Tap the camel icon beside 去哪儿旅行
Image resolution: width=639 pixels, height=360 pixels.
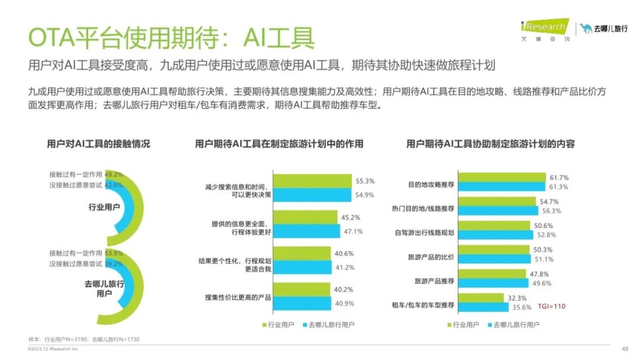pyautogui.click(x=586, y=28)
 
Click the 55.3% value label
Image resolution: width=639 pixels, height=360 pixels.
pyautogui.click(x=365, y=181)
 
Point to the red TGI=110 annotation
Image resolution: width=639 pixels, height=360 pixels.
pyautogui.click(x=551, y=307)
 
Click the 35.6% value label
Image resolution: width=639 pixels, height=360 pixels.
pyautogui.click(x=522, y=307)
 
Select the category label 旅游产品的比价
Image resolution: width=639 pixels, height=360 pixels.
pyautogui.click(x=431, y=258)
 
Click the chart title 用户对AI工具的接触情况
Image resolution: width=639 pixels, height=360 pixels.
pyautogui.click(x=98, y=144)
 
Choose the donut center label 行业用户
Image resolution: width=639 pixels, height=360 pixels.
pyautogui.click(x=104, y=207)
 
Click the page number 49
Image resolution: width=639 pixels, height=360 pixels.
pyautogui.click(x=625, y=349)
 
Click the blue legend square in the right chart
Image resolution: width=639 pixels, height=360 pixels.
pyautogui.click(x=489, y=324)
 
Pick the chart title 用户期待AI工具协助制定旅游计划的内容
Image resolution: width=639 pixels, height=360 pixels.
pyautogui.click(x=490, y=144)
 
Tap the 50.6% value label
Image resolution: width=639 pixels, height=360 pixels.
pyautogui.click(x=543, y=226)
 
